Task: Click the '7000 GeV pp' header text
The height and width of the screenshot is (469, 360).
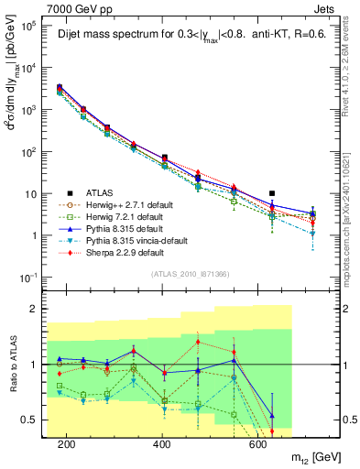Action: [x=61, y=8]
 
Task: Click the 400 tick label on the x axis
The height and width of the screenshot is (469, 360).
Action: [x=162, y=444]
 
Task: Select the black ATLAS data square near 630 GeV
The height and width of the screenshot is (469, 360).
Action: [x=272, y=193]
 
